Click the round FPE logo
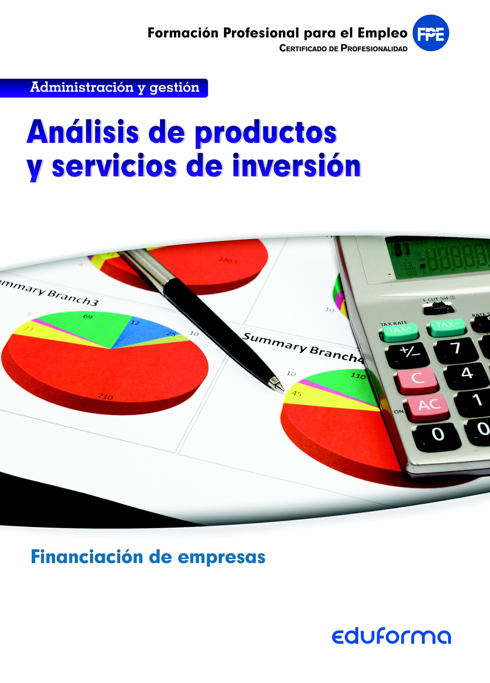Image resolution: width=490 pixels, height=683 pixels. (431, 33)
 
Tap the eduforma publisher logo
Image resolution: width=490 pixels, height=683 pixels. (391, 636)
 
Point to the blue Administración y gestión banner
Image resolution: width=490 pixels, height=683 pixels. (104, 88)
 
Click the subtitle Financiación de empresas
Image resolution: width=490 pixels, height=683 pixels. (148, 557)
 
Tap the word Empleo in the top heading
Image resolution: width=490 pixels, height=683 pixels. (382, 33)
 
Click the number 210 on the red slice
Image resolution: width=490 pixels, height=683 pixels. (105, 397)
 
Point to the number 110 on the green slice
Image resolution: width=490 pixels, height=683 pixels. (358, 376)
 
